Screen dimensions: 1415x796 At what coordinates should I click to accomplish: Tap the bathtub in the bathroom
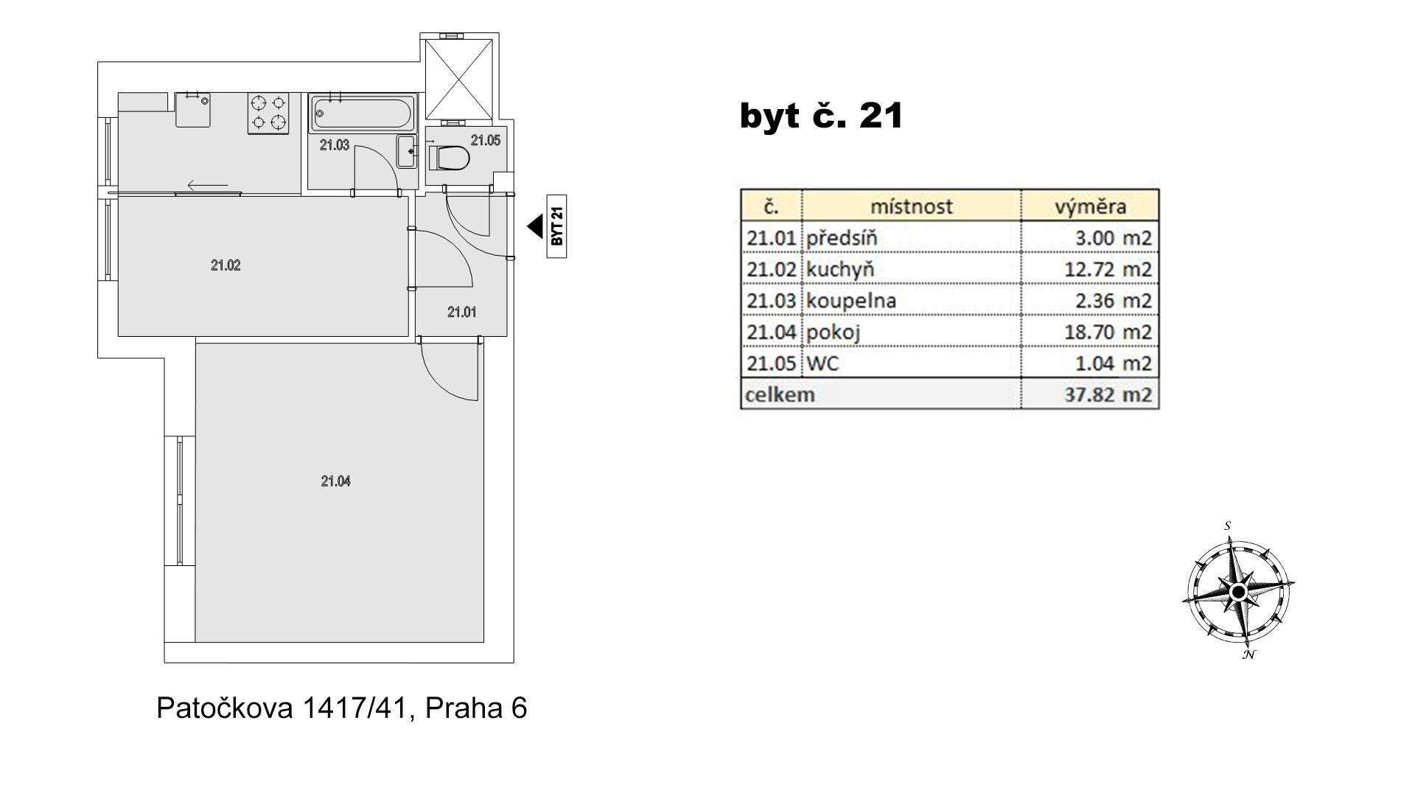362,113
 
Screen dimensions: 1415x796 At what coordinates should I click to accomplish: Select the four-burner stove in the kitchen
268,113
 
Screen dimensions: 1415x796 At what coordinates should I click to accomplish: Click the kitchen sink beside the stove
193,110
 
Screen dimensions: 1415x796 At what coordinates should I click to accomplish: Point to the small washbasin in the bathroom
407,151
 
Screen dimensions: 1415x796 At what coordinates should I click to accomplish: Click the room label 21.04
335,481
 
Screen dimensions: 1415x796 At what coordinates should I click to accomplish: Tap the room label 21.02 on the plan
226,265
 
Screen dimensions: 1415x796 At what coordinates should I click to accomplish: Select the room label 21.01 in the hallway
461,313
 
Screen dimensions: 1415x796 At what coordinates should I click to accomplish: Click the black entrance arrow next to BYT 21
536,226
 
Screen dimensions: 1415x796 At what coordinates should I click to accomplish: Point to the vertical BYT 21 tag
556,226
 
